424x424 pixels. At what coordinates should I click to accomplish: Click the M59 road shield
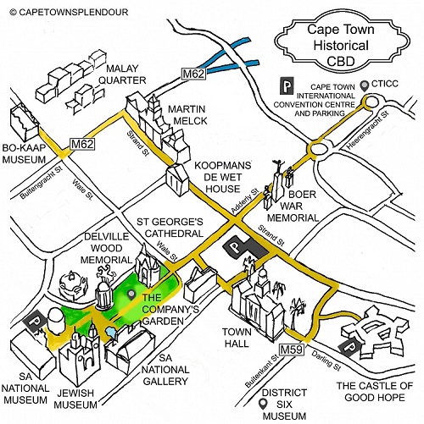coord(292,350)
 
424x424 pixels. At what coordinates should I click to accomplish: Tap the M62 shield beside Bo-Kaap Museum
coord(82,144)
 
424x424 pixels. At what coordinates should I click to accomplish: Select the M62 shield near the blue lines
coord(193,74)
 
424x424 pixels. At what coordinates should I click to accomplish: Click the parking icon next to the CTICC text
coord(287,85)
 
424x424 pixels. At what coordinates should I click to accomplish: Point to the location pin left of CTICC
coord(365,85)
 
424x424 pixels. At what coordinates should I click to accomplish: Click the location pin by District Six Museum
coord(265,404)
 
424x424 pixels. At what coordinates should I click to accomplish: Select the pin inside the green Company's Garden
coord(131,295)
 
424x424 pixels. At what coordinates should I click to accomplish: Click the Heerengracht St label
coord(368,130)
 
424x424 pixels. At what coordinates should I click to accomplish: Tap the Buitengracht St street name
coord(42,183)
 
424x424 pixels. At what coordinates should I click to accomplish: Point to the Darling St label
coord(326,361)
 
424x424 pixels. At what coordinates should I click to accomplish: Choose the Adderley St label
coord(245,201)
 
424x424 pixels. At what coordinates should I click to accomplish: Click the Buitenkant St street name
coord(262,372)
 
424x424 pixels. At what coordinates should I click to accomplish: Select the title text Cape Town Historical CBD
coord(341,46)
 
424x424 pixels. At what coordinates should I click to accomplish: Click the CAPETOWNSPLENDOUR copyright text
coord(69,12)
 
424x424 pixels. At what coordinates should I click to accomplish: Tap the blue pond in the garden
coord(111,333)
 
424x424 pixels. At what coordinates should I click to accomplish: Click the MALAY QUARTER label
coord(122,74)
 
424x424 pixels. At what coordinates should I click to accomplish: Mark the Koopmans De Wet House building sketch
coord(177,179)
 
